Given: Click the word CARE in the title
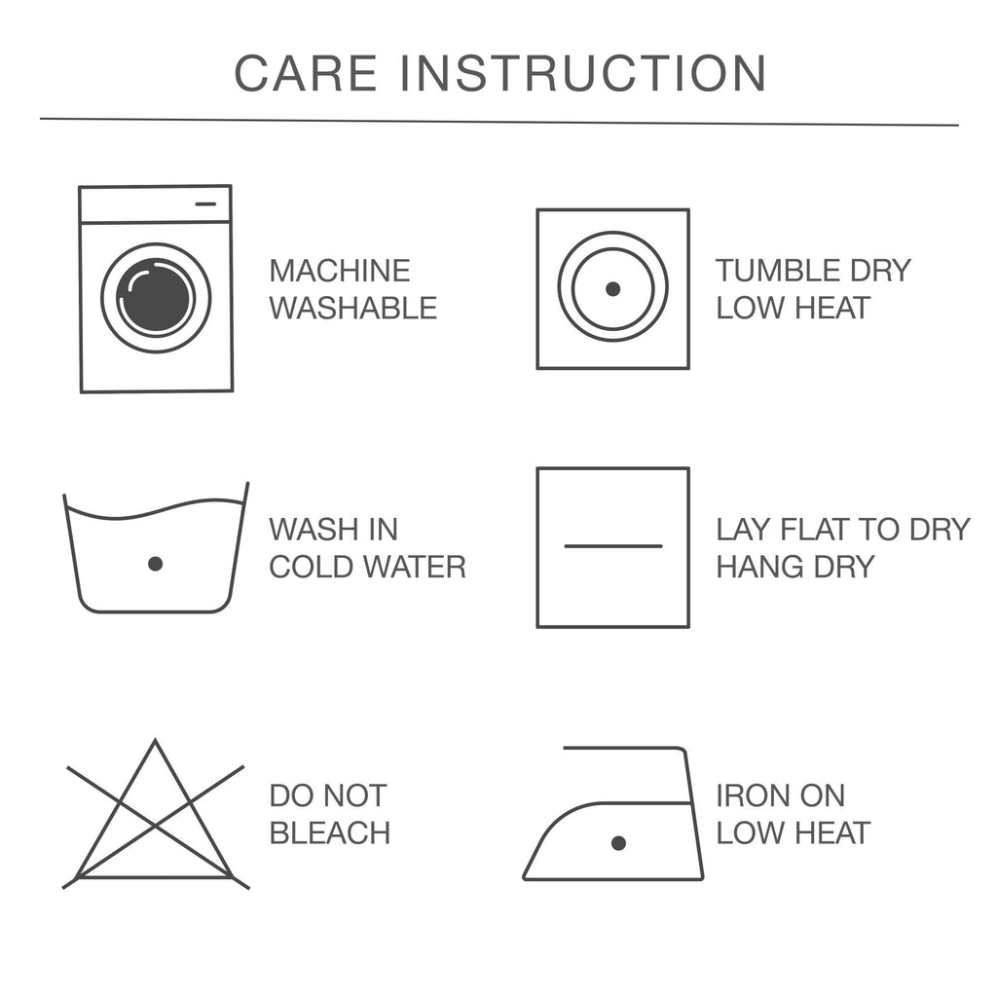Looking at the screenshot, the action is pyautogui.click(x=306, y=73).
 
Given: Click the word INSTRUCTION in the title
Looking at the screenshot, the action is pyautogui.click(x=583, y=73).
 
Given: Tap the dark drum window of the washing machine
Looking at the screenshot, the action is pyautogui.click(x=156, y=298).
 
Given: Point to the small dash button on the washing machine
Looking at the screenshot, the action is pyautogui.click(x=205, y=204).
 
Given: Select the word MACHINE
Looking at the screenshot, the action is pyautogui.click(x=340, y=271).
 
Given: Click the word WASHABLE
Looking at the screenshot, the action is pyautogui.click(x=352, y=309).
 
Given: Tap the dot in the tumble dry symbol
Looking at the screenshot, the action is pyautogui.click(x=613, y=288).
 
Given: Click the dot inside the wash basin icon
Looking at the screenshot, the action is pyautogui.click(x=155, y=564).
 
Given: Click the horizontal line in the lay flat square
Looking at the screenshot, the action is pyautogui.click(x=613, y=545).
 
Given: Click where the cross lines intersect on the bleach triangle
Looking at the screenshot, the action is pyautogui.click(x=156, y=826).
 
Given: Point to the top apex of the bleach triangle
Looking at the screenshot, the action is pyautogui.click(x=155, y=741).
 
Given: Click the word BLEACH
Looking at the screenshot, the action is pyautogui.click(x=329, y=833).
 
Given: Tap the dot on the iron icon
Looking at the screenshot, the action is pyautogui.click(x=618, y=843).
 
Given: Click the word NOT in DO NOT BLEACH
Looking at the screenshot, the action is pyautogui.click(x=358, y=795).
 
